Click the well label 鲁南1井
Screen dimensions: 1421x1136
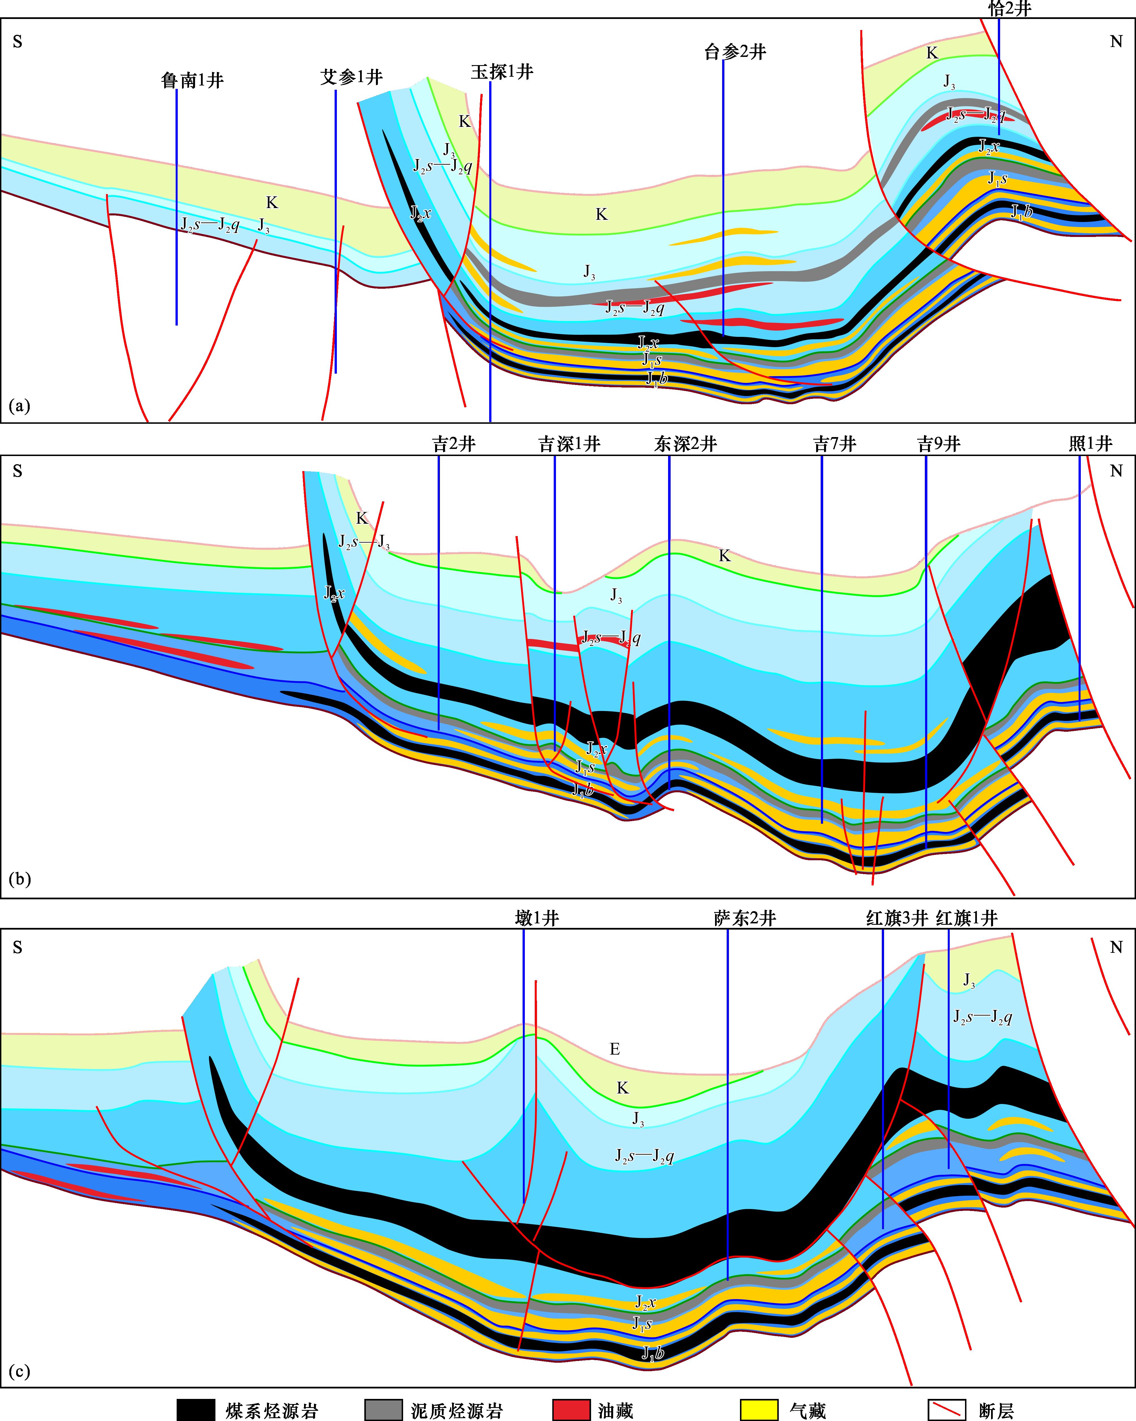(192, 80)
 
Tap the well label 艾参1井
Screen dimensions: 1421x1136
(351, 77)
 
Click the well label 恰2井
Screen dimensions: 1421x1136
(1009, 8)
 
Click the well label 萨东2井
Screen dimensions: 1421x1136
(745, 918)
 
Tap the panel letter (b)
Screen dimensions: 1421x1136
(20, 879)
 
